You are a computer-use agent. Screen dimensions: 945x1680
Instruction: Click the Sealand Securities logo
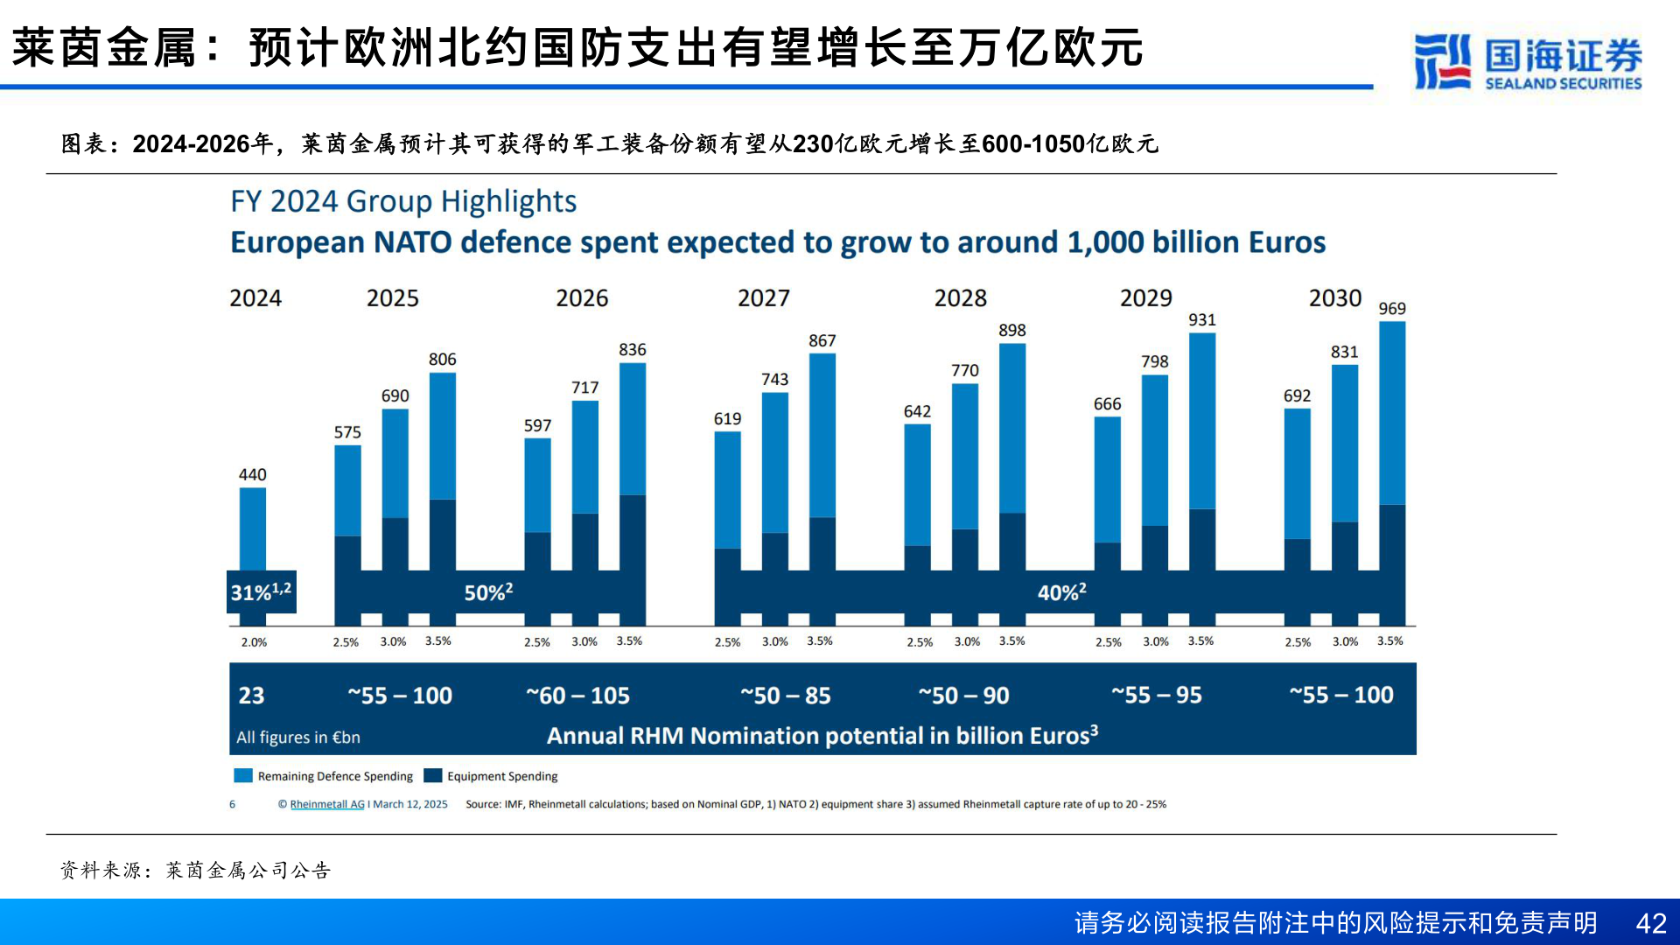(1527, 61)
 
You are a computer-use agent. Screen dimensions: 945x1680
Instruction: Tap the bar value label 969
(1391, 308)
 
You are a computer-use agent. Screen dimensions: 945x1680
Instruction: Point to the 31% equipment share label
(261, 591)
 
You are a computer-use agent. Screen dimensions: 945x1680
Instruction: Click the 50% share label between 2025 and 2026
(488, 592)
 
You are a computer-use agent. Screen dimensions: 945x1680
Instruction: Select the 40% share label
(1061, 592)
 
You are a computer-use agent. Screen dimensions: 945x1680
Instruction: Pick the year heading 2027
(763, 298)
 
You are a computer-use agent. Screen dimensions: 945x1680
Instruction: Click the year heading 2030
(1334, 298)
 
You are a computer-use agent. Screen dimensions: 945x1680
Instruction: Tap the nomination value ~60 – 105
(577, 696)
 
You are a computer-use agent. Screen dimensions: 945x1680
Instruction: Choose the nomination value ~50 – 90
(963, 696)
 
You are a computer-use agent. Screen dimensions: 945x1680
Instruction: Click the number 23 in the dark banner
(251, 696)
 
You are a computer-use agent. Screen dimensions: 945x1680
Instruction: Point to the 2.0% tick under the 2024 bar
(254, 642)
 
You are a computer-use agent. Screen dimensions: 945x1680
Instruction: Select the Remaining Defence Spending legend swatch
(243, 776)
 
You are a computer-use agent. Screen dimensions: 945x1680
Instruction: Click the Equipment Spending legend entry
(501, 776)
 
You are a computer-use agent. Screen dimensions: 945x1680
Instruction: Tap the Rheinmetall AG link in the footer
(327, 804)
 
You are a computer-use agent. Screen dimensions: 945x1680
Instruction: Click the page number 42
(1650, 923)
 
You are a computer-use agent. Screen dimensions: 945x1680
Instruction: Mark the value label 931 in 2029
(1201, 320)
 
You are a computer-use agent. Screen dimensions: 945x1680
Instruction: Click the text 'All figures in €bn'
(297, 738)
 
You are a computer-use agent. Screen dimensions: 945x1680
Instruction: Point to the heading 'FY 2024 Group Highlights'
(403, 201)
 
